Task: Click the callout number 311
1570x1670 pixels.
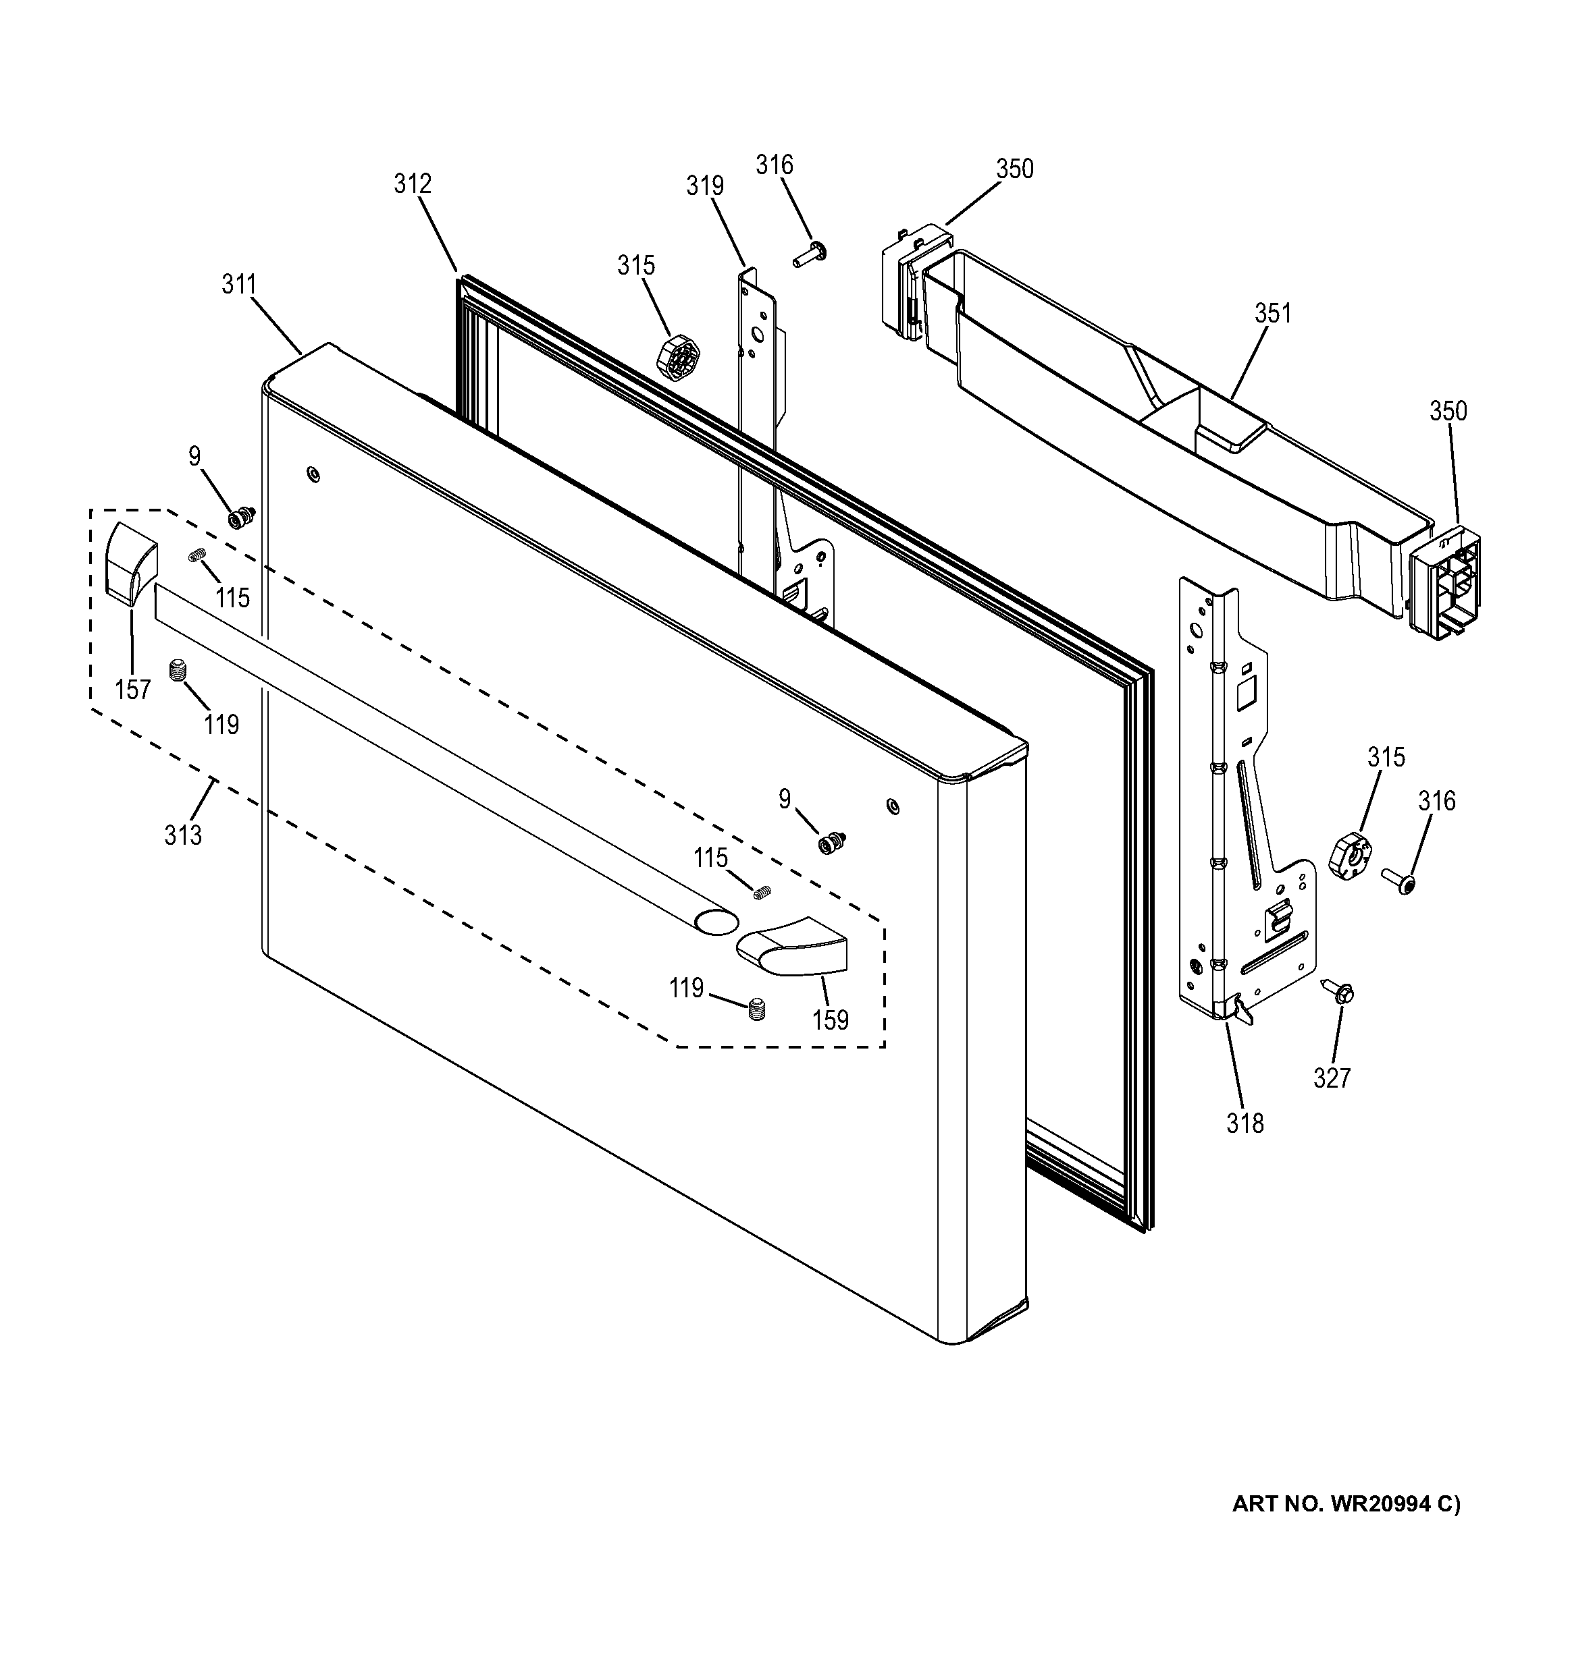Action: [x=238, y=285]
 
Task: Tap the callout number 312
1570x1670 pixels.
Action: [x=413, y=184]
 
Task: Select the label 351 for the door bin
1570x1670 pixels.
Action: [x=1272, y=313]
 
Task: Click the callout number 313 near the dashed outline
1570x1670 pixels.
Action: [x=183, y=835]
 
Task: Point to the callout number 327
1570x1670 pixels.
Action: [x=1332, y=1078]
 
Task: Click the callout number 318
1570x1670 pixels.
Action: [x=1245, y=1123]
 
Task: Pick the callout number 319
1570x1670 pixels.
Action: [x=704, y=186]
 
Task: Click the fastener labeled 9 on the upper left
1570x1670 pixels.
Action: [x=242, y=518]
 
